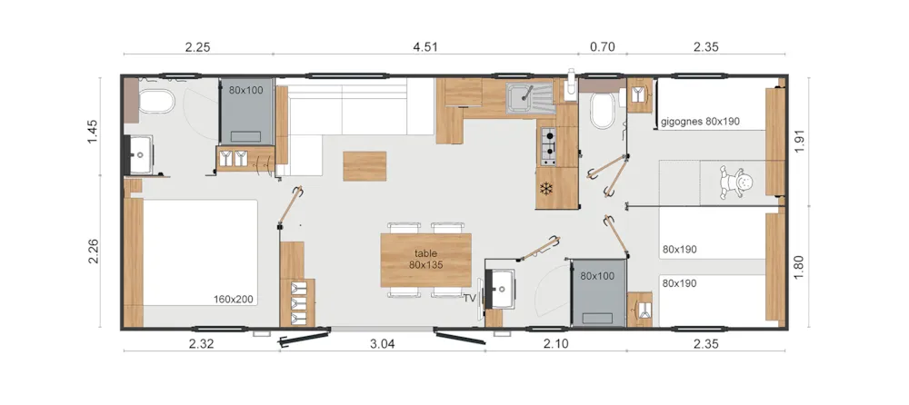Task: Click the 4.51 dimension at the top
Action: pos(425,47)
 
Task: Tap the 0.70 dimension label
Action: pos(602,47)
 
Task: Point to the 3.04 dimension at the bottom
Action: pos(382,343)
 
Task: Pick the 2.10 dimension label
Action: pos(556,343)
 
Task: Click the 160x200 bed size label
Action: pos(234,300)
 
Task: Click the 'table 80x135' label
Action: pos(425,259)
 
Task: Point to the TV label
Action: pos(469,299)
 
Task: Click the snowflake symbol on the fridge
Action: pos(545,188)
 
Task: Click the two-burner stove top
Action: pos(548,146)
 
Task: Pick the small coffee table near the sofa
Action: pos(365,166)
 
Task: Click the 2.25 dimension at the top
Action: pos(197,47)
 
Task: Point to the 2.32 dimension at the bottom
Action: pos(201,343)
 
